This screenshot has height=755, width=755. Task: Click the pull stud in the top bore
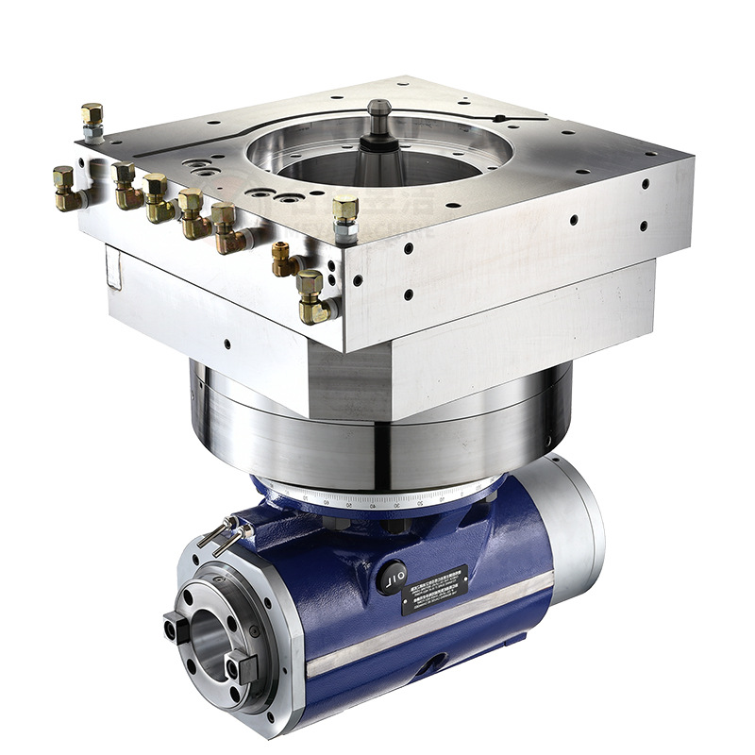[379, 121]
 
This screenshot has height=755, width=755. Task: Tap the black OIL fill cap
[392, 578]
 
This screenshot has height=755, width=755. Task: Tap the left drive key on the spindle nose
[175, 628]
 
